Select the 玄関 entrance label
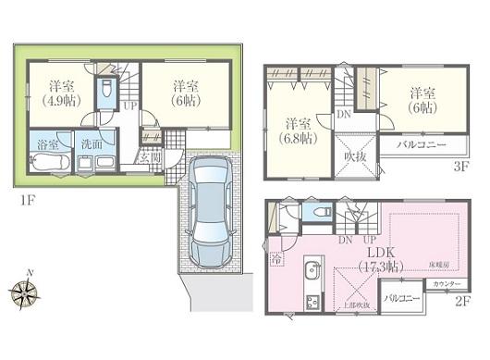[x=150, y=156]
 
